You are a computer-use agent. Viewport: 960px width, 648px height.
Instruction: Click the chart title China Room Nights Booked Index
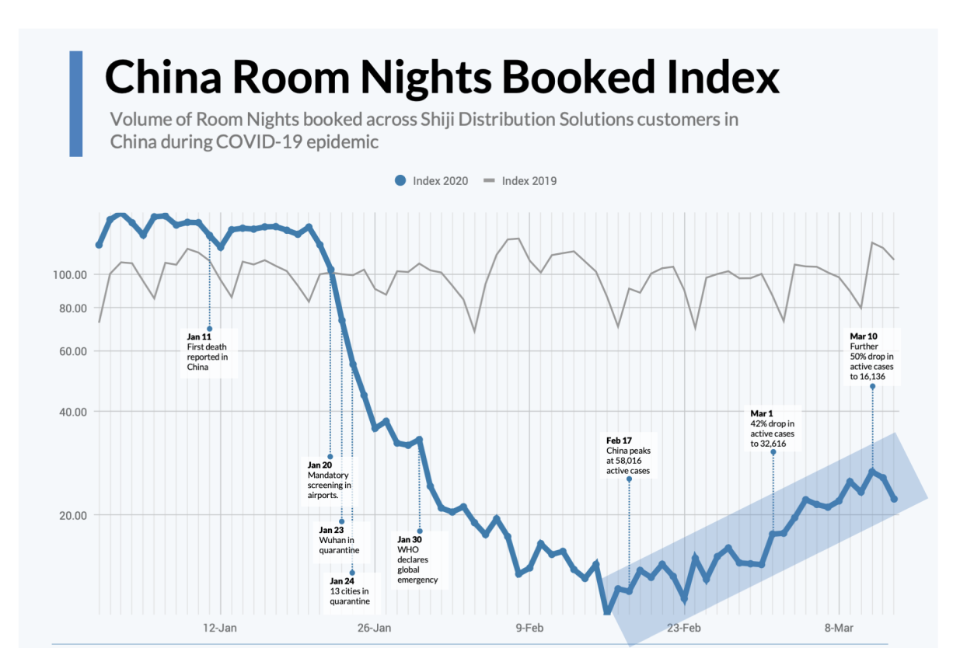pos(442,78)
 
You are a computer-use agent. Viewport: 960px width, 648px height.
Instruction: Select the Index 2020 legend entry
pos(433,181)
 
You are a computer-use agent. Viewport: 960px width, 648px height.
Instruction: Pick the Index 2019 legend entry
pos(521,181)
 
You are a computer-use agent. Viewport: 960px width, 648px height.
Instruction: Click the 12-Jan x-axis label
pos(220,627)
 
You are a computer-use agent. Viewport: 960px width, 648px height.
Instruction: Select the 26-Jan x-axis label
pos(374,627)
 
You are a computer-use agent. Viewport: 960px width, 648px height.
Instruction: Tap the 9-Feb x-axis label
pos(529,627)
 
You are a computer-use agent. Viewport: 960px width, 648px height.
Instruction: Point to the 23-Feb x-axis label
pos(683,627)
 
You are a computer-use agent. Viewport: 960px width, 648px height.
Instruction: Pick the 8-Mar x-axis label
pos(838,627)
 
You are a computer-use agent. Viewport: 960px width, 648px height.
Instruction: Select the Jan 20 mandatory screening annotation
pos(329,479)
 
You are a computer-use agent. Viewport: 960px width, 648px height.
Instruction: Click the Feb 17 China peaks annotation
pos(628,456)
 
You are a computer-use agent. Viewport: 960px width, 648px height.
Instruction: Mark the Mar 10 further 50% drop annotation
pos(871,357)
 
